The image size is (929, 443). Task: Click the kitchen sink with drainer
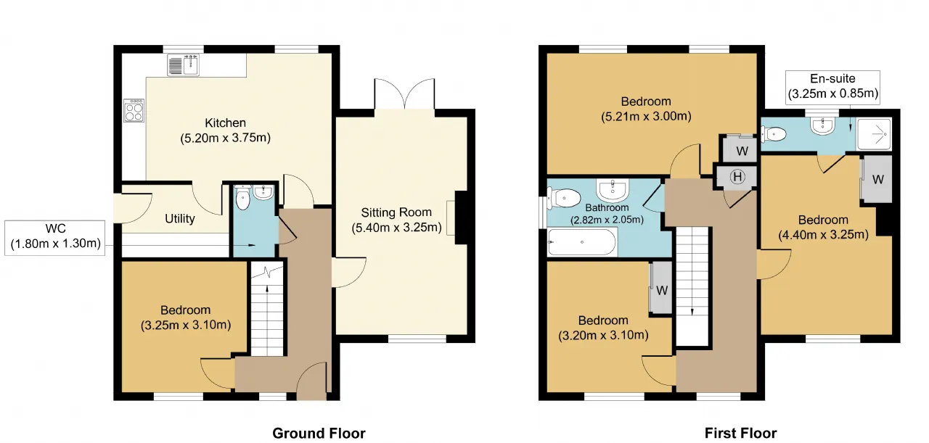[x=184, y=65]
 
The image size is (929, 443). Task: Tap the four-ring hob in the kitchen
[x=134, y=110]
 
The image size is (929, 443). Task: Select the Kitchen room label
[x=225, y=123]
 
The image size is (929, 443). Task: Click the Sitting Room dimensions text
[x=396, y=228]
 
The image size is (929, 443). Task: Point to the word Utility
[x=179, y=218]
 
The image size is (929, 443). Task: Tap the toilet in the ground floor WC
[x=242, y=197]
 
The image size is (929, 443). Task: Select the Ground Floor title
[x=319, y=433]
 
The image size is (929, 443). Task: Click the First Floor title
[x=740, y=433]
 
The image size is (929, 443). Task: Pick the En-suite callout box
[x=832, y=87]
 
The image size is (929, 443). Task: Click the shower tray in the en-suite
[x=874, y=134]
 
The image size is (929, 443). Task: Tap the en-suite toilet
[x=774, y=134]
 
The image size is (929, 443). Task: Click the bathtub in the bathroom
[x=582, y=242]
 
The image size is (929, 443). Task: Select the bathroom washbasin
[x=613, y=190]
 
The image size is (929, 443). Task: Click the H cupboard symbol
[x=737, y=177]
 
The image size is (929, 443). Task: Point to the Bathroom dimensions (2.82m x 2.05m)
[x=607, y=220]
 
